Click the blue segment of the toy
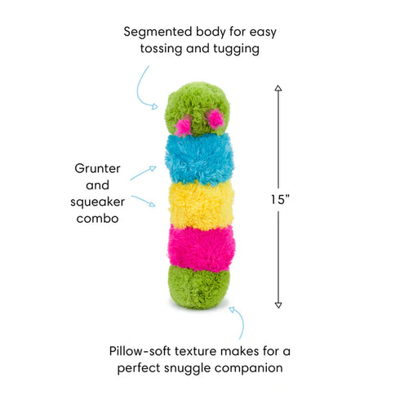click(x=198, y=157)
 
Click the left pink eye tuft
click(x=184, y=127)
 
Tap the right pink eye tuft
click(x=216, y=119)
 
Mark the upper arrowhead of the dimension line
click(x=278, y=87)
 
